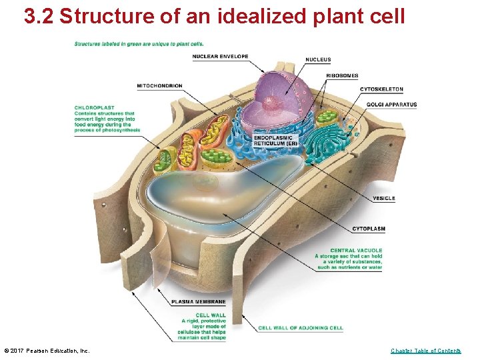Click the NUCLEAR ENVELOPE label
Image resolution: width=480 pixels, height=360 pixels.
220,57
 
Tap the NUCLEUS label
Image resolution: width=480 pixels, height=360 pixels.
318,60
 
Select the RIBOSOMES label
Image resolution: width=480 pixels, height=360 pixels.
342,75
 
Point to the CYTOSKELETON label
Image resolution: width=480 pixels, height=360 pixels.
381,89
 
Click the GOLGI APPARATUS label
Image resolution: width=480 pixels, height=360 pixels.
391,105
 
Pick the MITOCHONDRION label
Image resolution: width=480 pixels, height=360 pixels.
159,86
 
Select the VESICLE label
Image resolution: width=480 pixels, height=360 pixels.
384,198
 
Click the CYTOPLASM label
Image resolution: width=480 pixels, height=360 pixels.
369,229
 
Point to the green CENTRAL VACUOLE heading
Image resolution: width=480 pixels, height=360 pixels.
356,251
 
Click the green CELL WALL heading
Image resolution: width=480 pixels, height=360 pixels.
211,315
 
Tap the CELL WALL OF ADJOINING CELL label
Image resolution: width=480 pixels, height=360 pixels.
301,328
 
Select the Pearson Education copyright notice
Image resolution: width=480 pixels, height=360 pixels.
47,351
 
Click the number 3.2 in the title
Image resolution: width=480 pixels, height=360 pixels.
39,17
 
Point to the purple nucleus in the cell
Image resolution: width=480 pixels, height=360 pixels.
277,93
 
